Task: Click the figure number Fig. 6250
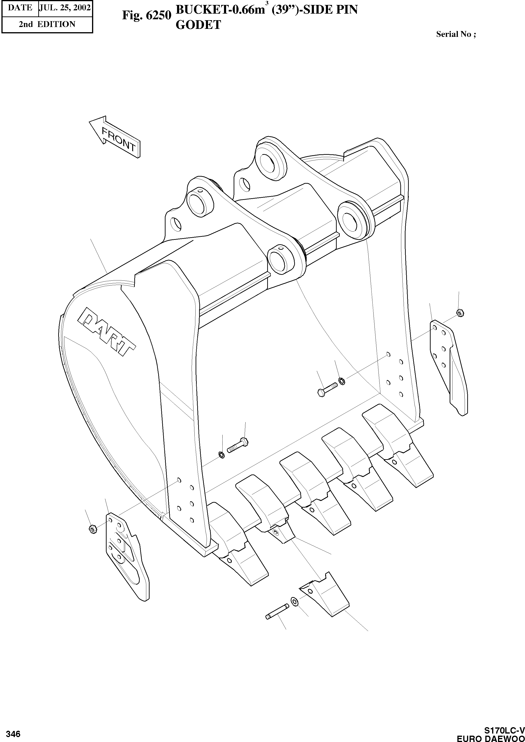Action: click(146, 16)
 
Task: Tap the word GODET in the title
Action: click(198, 25)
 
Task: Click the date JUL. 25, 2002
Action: click(65, 8)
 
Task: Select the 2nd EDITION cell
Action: click(47, 24)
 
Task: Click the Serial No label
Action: click(456, 34)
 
